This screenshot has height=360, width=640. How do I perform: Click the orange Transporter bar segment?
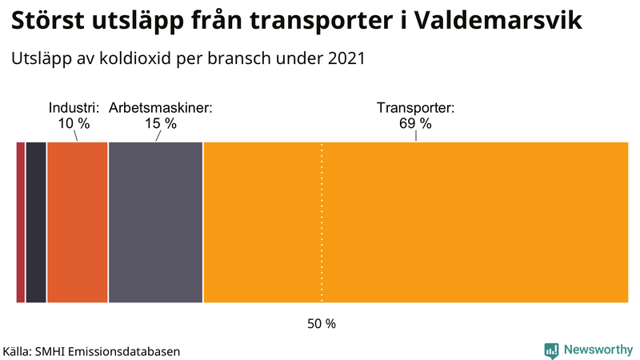tap(416, 222)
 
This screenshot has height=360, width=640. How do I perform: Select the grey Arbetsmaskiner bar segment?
tap(155, 222)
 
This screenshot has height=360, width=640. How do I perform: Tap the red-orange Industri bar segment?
tap(77, 222)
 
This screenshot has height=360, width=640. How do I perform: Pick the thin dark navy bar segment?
tap(36, 222)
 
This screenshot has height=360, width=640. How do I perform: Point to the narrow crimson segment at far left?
tap(21, 222)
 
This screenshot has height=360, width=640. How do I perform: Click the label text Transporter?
tap(415, 108)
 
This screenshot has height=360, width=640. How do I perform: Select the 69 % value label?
tap(415, 124)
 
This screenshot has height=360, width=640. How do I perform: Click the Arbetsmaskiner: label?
tap(160, 108)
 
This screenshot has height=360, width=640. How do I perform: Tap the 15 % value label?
tap(160, 124)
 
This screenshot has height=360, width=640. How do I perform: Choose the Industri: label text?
tap(74, 108)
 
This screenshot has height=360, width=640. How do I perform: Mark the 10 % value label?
tap(74, 124)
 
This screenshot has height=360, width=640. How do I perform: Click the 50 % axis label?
tap(322, 324)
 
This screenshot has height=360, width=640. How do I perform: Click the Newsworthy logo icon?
tap(551, 350)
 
